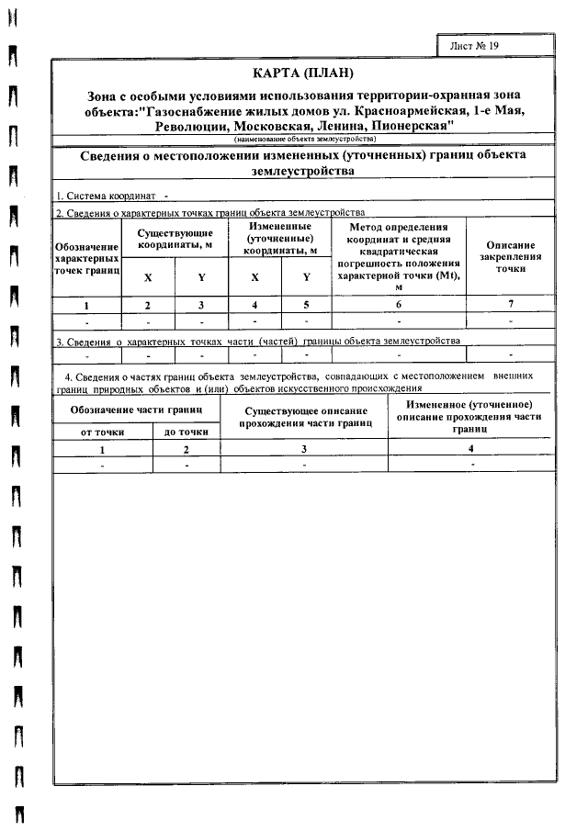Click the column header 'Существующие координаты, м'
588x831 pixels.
coord(175,239)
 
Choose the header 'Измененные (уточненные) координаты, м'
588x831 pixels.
coord(280,238)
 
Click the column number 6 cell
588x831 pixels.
coord(399,305)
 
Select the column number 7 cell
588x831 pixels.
coord(510,304)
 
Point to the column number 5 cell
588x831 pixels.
coord(307,305)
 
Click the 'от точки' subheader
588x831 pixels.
coord(102,431)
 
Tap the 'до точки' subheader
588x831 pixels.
coord(186,431)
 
